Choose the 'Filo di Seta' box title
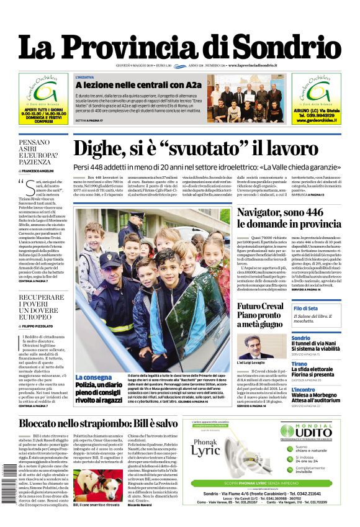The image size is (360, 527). [306, 309]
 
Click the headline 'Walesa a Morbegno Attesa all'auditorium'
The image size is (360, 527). [316, 400]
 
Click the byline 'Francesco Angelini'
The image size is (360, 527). [39, 171]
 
